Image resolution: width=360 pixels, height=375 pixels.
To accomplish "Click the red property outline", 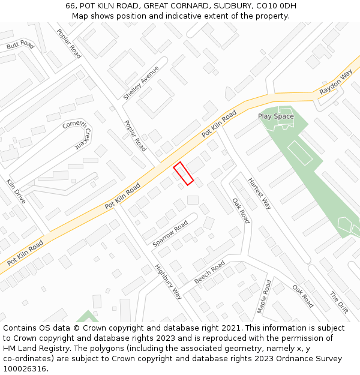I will click(184, 173).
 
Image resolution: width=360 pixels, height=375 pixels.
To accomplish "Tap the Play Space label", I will click(276, 116).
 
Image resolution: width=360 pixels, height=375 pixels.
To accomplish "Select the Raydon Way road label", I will click(335, 82).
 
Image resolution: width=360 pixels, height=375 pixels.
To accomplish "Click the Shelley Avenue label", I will click(141, 83).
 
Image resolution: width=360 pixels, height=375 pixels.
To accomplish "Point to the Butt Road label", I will click(20, 45).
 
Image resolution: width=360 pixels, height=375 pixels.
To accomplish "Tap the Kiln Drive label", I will click(16, 191).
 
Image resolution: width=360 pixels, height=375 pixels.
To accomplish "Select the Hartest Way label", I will click(260, 193).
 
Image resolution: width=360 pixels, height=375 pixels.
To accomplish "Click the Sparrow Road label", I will click(170, 233).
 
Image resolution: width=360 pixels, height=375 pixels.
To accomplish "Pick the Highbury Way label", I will click(168, 281).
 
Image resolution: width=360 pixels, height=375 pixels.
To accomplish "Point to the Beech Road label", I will click(209, 272).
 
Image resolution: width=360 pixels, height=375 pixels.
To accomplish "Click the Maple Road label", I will click(265, 296).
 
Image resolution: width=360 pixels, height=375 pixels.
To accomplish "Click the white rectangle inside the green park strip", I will click(300, 152).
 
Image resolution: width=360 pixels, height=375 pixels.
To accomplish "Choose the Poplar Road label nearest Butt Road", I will click(69, 43).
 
